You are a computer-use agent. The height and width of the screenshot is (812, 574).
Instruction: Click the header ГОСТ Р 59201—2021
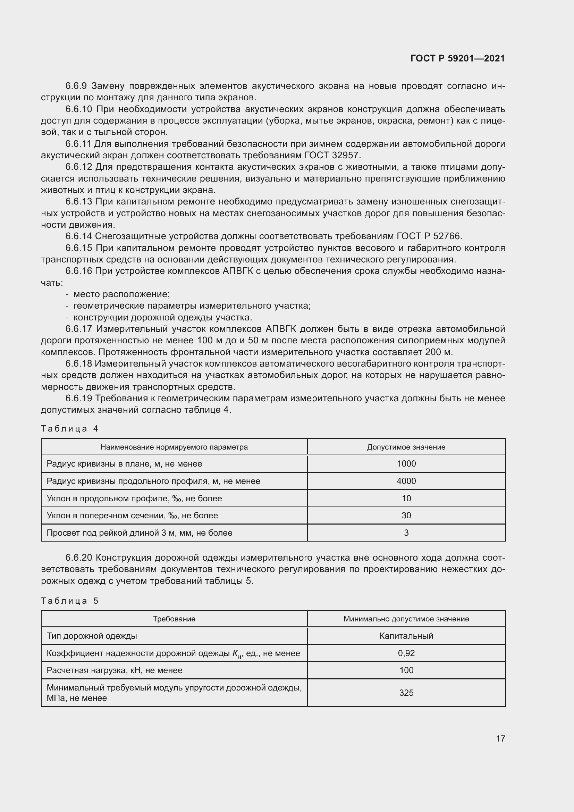tap(457, 58)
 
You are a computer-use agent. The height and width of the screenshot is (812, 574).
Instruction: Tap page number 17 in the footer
tap(500, 738)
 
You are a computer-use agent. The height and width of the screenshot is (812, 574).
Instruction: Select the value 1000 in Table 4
tap(406, 464)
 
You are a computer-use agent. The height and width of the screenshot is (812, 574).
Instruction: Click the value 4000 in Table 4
tap(406, 481)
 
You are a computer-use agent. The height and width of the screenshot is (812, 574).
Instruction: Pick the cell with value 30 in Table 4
tap(406, 515)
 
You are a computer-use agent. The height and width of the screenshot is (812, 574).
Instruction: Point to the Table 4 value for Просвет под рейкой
tap(406, 533)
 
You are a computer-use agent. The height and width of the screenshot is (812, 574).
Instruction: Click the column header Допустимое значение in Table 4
tap(406, 447)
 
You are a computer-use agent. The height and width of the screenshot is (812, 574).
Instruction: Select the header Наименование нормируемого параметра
tap(174, 447)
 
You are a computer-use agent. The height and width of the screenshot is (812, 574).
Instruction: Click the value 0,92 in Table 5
tap(406, 653)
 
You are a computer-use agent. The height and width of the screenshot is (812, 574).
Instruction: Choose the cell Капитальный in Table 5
tap(406, 636)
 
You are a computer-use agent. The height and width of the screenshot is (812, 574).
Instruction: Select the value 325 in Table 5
tap(406, 693)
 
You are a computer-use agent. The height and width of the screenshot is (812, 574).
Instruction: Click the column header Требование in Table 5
tap(174, 619)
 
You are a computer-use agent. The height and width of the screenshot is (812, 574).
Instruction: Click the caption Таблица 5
tap(70, 601)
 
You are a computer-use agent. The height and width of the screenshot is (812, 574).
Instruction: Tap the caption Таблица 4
tap(70, 429)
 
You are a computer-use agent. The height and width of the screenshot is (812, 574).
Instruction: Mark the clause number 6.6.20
tap(78, 558)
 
